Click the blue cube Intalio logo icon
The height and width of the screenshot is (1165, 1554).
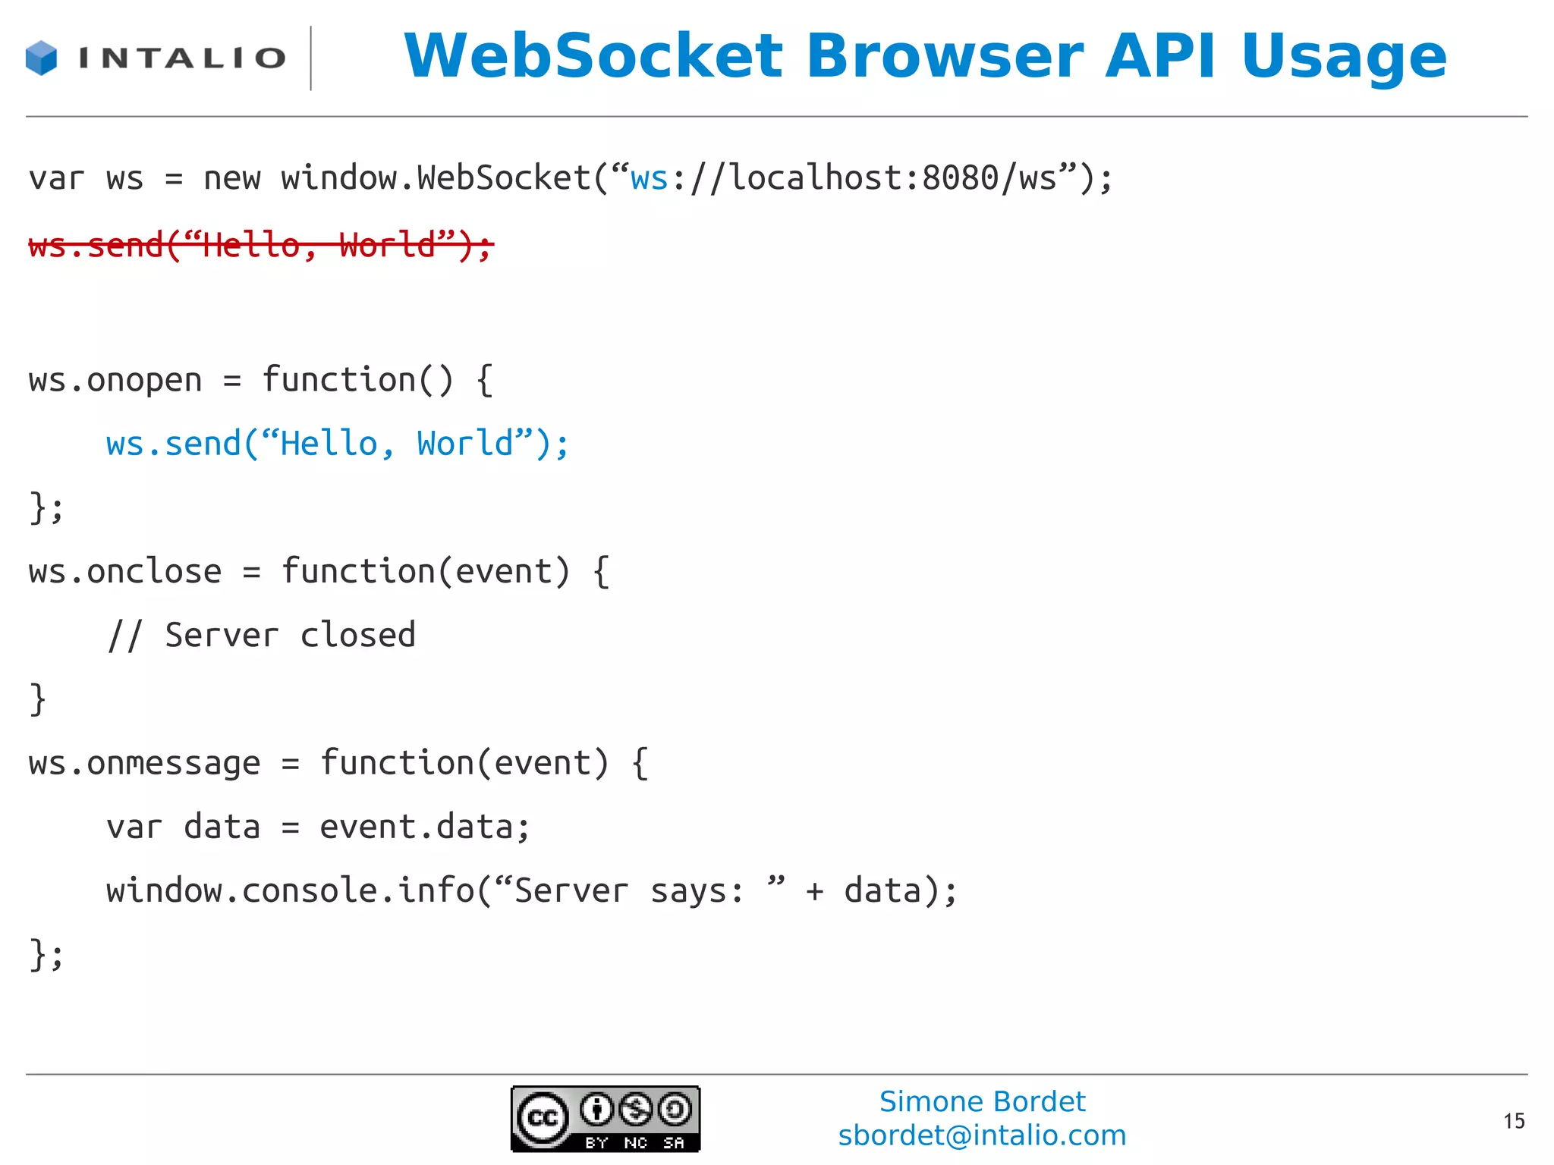(41, 58)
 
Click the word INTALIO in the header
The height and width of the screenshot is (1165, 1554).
(182, 58)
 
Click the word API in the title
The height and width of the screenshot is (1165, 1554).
(1160, 56)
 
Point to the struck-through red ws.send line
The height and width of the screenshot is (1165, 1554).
(261, 246)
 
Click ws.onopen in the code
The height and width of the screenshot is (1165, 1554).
(115, 380)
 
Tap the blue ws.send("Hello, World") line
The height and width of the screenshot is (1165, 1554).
(337, 444)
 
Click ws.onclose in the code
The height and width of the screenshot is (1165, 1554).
(125, 572)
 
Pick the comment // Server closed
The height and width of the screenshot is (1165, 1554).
(261, 636)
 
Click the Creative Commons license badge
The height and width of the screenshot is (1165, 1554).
(605, 1119)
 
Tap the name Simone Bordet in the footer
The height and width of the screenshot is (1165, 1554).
(982, 1101)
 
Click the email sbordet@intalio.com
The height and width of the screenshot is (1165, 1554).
(982, 1135)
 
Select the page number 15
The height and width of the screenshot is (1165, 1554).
(1513, 1121)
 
